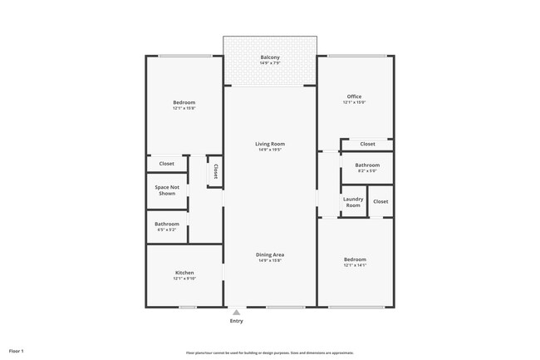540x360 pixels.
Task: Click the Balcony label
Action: click(x=270, y=57)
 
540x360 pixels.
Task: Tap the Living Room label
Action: click(x=270, y=144)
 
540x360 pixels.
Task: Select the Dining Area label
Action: click(x=270, y=254)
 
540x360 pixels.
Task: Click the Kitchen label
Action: click(x=184, y=273)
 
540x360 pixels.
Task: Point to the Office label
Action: click(x=354, y=96)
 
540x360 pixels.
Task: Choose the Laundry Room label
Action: click(x=354, y=202)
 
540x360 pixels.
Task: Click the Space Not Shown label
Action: click(x=167, y=190)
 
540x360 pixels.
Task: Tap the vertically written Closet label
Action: click(x=215, y=170)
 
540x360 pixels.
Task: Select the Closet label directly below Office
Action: click(x=367, y=144)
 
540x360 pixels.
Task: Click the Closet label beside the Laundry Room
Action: click(x=380, y=201)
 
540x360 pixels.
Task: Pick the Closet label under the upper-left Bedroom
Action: click(x=167, y=163)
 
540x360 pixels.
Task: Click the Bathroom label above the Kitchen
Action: click(x=167, y=223)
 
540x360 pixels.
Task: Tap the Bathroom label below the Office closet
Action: click(x=367, y=165)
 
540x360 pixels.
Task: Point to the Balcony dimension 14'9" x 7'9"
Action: click(x=270, y=63)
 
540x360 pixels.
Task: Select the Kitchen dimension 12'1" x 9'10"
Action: click(x=184, y=279)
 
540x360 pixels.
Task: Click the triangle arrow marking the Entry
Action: click(x=237, y=312)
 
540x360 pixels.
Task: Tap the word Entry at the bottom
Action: click(x=237, y=321)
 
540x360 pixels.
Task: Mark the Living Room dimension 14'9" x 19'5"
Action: click(x=270, y=150)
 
